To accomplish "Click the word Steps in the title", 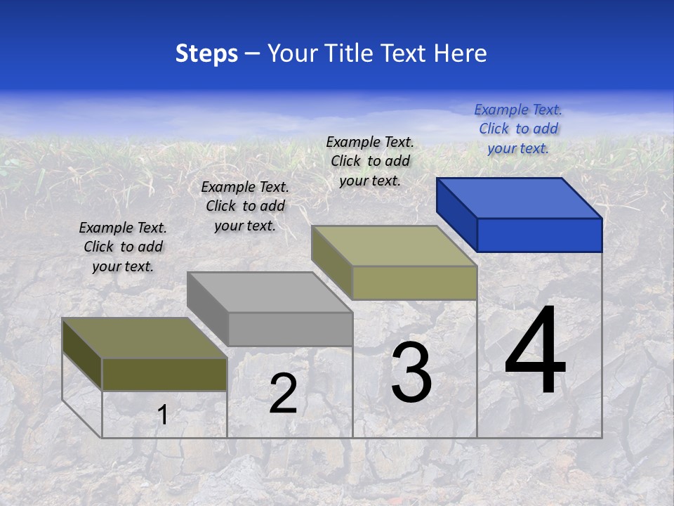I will tap(206, 53).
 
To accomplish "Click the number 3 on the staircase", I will tap(411, 372).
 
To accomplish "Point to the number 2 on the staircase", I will tap(283, 394).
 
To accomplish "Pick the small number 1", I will tap(162, 415).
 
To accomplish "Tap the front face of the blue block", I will tap(539, 235).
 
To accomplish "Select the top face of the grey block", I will tap(270, 292).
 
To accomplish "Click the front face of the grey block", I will tap(290, 329).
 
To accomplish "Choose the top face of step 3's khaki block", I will tap(394, 246).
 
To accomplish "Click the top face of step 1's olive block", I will tap(144, 338).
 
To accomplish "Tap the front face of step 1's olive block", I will tap(164, 374).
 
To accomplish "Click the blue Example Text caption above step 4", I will tap(518, 129).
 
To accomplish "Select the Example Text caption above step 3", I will tap(370, 161).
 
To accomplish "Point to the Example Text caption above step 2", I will tap(245, 206).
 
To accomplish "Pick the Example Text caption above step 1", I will tap(123, 247).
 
